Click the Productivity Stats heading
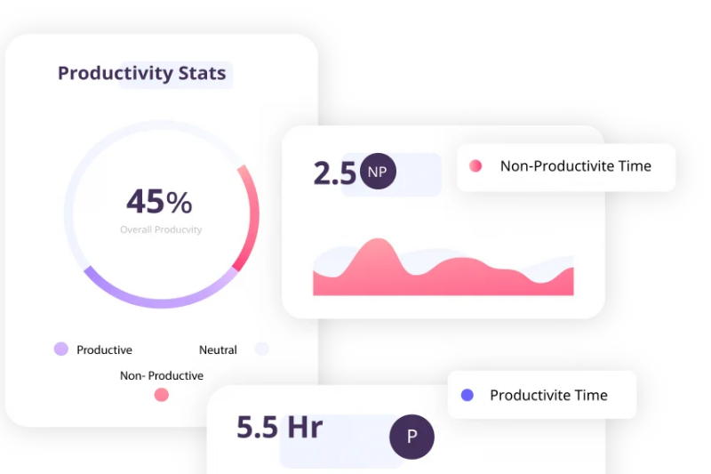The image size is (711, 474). [141, 73]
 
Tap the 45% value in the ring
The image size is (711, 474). [159, 201]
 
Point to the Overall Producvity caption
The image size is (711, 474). [161, 229]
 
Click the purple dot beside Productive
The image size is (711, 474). [61, 349]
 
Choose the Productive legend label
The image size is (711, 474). [104, 349]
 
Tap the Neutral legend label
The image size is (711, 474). [218, 349]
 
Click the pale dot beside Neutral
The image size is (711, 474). [261, 349]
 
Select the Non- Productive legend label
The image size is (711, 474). [162, 375]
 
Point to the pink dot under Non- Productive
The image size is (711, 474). [162, 395]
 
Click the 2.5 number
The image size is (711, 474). [335, 173]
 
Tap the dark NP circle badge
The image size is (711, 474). [378, 171]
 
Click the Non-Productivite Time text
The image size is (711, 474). [575, 166]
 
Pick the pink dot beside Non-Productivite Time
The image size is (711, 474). [475, 166]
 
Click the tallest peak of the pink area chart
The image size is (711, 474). [377, 239]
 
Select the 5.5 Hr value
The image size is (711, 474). [279, 427]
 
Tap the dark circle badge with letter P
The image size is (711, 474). [411, 437]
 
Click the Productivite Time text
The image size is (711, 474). [548, 395]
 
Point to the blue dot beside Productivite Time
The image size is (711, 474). [467, 395]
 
